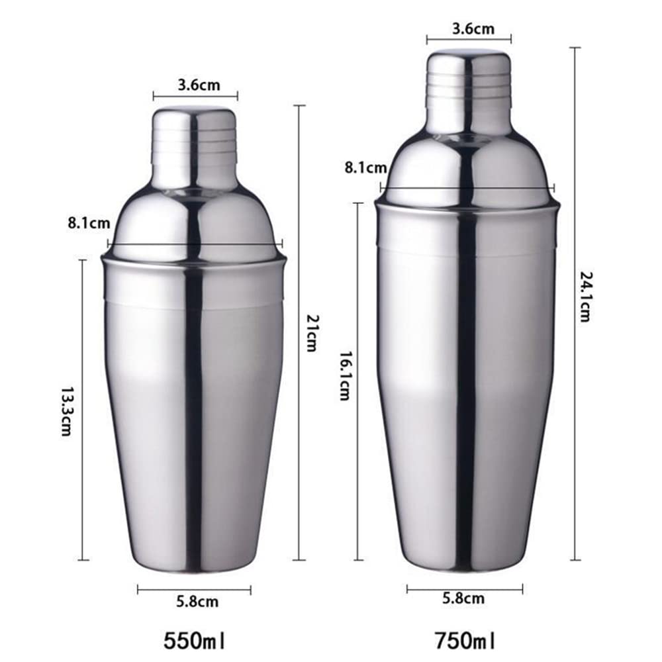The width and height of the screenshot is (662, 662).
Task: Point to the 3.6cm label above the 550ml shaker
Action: pyautogui.click(x=195, y=85)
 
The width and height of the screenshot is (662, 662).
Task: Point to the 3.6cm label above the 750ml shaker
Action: pyautogui.click(x=469, y=29)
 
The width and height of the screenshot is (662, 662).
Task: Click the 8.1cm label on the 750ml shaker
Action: pyautogui.click(x=365, y=168)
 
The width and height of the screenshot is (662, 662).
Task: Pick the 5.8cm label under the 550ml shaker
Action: pyautogui.click(x=197, y=602)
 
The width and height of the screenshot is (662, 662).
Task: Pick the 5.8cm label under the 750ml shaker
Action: pyautogui.click(x=463, y=598)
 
